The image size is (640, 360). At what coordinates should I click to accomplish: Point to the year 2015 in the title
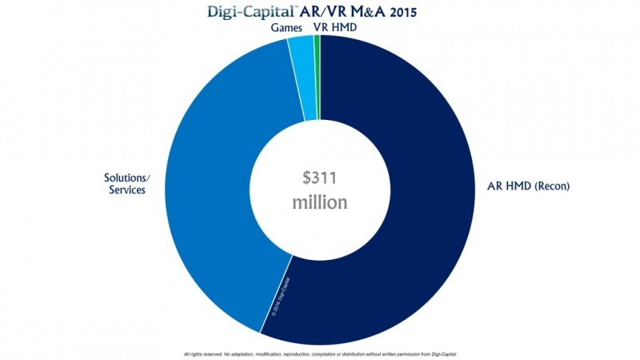pyautogui.click(x=416, y=12)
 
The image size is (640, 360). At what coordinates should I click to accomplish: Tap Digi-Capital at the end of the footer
pyautogui.click(x=443, y=353)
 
